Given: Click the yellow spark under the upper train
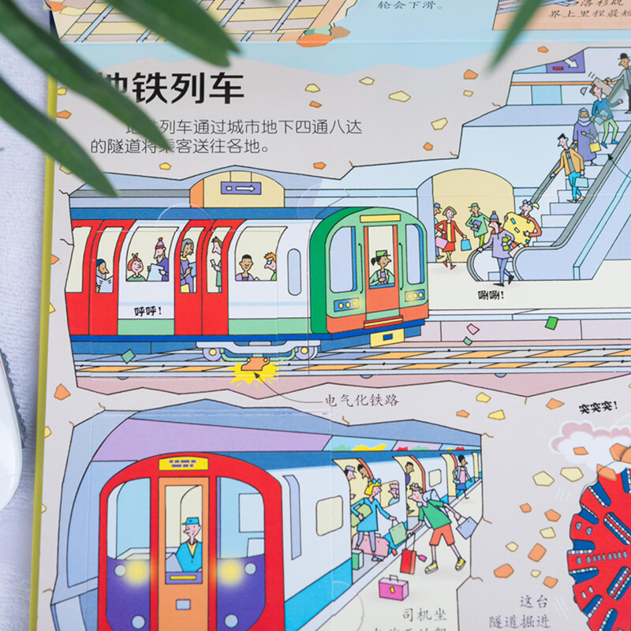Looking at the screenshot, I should (252, 371).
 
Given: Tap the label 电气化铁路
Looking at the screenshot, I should (362, 400).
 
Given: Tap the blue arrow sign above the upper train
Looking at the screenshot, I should (241, 188).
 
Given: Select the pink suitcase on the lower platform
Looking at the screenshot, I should (393, 588).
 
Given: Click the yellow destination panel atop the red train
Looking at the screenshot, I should (183, 464).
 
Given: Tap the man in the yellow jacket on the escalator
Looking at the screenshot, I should (569, 162).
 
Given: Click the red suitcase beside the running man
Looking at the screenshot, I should (409, 561).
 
